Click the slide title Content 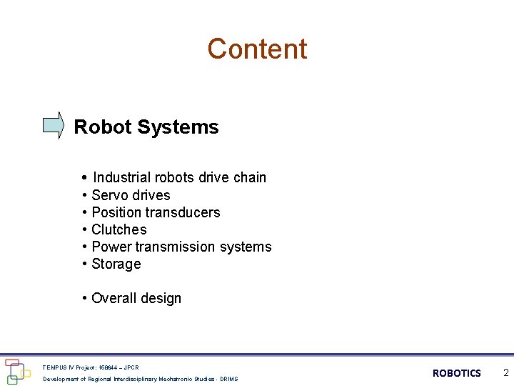click(x=257, y=49)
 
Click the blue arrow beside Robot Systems click(x=53, y=125)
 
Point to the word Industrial click(x=121, y=177)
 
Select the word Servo click(x=110, y=195)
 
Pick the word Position click(x=118, y=212)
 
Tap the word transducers click(x=184, y=212)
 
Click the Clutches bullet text click(x=119, y=229)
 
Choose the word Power click(x=111, y=247)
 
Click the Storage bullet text click(x=116, y=264)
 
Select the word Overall click(x=114, y=298)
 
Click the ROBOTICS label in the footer click(x=457, y=373)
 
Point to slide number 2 click(x=505, y=372)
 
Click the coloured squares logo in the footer click(x=16, y=371)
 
